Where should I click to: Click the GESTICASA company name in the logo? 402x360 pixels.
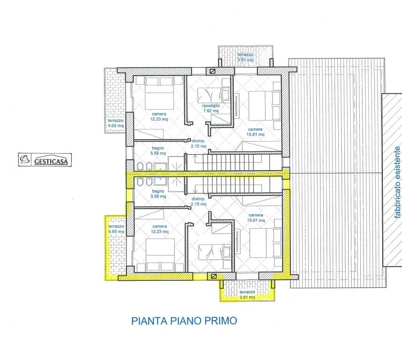tap(52, 161)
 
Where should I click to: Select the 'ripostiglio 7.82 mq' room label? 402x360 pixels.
tap(211, 108)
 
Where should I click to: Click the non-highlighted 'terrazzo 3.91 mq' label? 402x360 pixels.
tap(245, 58)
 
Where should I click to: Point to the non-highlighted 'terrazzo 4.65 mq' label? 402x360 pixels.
tap(115, 123)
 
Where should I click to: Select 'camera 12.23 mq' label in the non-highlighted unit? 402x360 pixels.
tap(159, 116)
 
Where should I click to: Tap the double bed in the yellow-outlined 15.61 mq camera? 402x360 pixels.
tap(265, 243)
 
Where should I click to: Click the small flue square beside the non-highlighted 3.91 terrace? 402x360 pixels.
tap(213, 72)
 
